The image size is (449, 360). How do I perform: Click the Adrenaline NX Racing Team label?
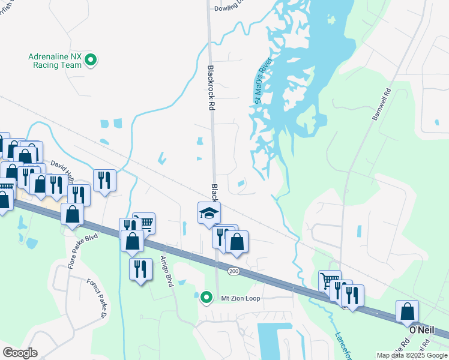(x=55, y=61)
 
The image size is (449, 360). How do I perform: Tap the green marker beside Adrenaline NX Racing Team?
(x=91, y=59)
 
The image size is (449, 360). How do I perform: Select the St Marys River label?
(x=262, y=80)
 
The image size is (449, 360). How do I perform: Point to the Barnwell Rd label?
(x=381, y=106)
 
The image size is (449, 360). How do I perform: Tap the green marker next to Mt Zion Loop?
(x=207, y=297)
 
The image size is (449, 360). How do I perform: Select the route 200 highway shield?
(x=234, y=271)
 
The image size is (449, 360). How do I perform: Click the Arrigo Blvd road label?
(x=166, y=271)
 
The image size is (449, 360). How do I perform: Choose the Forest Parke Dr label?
(x=97, y=299)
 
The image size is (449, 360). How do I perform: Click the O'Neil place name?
(x=421, y=331)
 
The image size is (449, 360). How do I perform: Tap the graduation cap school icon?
(x=209, y=213)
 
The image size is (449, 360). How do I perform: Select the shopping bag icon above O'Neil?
(x=408, y=311)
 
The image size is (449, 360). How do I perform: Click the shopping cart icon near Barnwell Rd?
(x=330, y=281)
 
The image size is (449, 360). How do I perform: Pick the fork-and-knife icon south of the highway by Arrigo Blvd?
(x=140, y=268)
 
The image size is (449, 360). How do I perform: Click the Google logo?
(x=20, y=353)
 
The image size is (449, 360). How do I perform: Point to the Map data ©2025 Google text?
(x=412, y=355)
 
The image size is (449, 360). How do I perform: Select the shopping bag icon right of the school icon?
(x=237, y=242)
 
